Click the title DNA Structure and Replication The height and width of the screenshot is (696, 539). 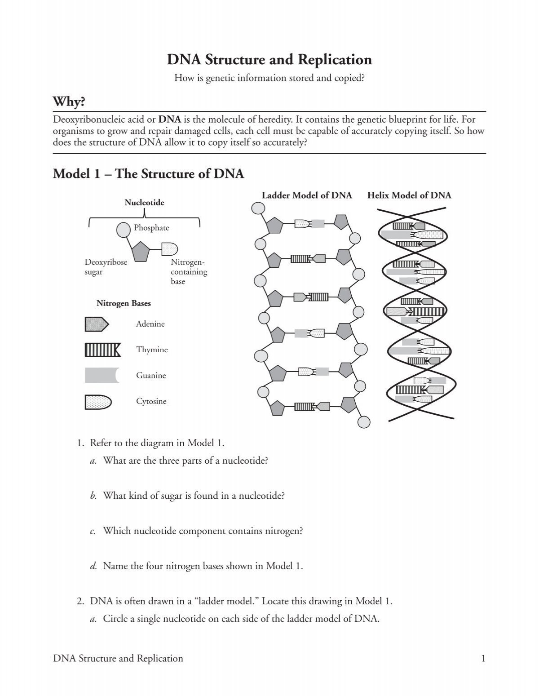tap(269, 60)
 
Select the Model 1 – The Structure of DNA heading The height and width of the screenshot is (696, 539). tap(148, 173)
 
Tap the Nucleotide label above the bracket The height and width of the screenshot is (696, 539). tap(144, 203)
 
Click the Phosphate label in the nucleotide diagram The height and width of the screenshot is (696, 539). tap(151, 228)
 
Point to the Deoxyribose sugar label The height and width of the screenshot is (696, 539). tap(106, 267)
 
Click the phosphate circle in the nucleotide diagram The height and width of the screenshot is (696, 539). tap(124, 230)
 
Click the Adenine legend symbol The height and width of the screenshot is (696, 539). tap(97, 324)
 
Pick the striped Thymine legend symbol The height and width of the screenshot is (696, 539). tap(102, 350)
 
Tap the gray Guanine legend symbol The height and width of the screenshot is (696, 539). tap(102, 375)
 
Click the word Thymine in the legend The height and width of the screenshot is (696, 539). tap(152, 350)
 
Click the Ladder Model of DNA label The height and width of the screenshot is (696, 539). tap(307, 195)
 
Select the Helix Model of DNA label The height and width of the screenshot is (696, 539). tap(409, 195)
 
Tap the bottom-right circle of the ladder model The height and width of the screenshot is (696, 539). tap(364, 422)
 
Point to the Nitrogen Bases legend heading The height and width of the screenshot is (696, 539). tap(124, 303)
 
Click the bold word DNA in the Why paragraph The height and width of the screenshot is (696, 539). tap(170, 120)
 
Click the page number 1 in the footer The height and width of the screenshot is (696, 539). tap(483, 659)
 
